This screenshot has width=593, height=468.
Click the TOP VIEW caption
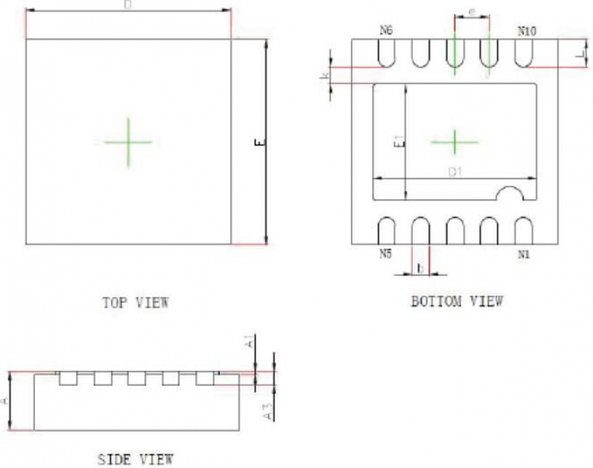pos(136,302)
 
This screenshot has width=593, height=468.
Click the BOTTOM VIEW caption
pos(457,301)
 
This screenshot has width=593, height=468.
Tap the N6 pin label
pos(386,30)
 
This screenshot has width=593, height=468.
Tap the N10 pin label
pos(527,31)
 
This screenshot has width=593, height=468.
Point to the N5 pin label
pos(385,254)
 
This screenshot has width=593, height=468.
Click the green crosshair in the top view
pos(128,142)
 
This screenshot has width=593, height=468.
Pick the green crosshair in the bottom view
pos(455,142)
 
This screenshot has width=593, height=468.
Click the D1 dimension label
pos(455,172)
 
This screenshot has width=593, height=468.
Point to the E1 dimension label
pos(399,142)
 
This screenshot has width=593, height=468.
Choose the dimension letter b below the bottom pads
pos(420,269)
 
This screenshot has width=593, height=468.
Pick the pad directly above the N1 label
pos(523,230)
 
